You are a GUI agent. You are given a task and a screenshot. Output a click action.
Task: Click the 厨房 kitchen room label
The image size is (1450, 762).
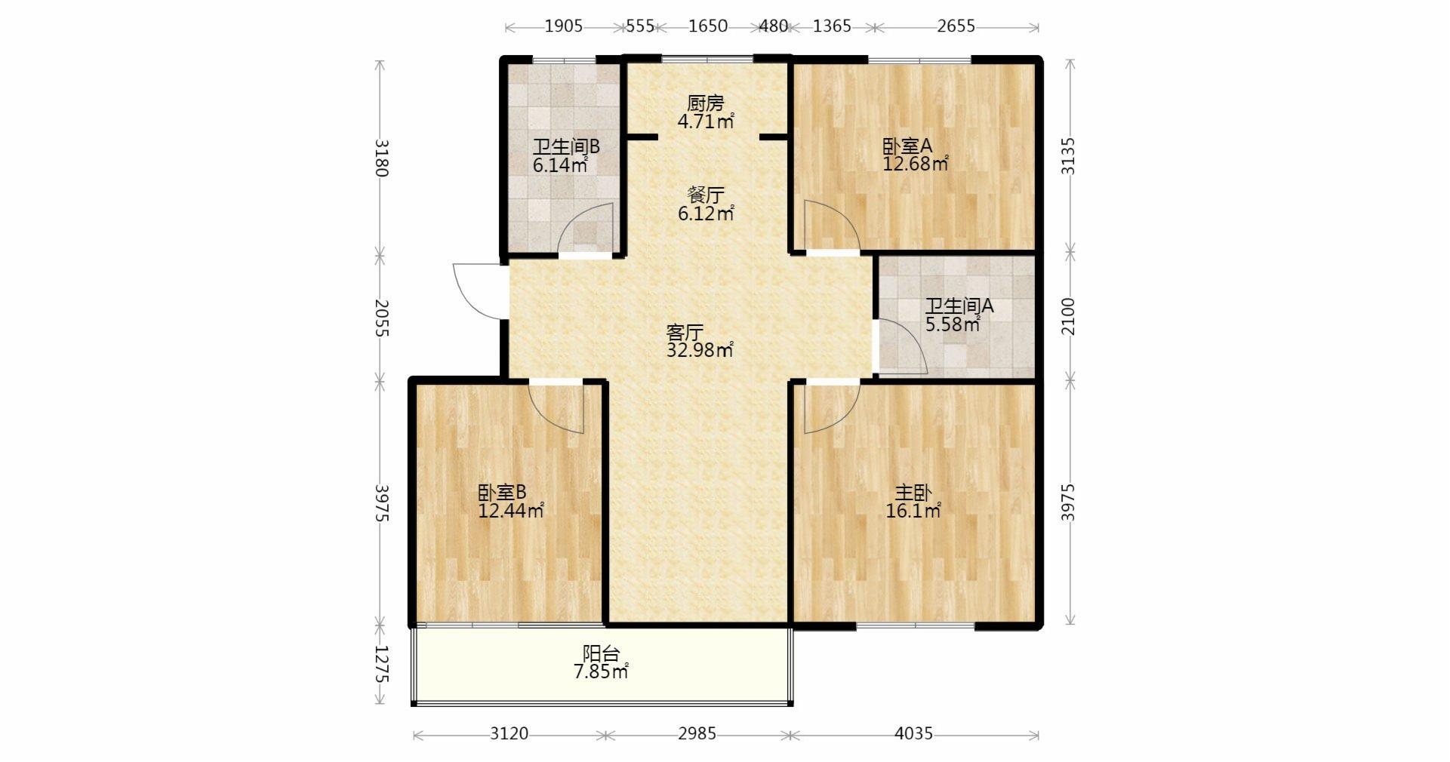click(705, 103)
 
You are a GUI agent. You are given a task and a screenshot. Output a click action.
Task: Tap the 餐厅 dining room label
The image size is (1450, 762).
click(705, 195)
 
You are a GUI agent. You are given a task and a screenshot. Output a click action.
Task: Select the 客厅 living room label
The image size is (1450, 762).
click(685, 332)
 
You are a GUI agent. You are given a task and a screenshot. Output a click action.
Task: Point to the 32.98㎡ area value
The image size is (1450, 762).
click(700, 350)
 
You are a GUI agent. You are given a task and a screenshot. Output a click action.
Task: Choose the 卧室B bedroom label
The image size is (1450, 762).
click(502, 493)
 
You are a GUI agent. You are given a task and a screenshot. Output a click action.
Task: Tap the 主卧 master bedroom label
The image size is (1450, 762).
click(913, 493)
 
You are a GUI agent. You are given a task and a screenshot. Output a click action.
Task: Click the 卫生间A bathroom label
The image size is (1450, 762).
click(959, 306)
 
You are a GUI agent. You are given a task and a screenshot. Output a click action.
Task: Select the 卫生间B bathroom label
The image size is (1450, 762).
click(566, 146)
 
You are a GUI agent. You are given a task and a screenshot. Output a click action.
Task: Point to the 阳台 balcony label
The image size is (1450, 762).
click(601, 653)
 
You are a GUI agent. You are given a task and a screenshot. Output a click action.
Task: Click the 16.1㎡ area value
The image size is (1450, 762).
click(914, 511)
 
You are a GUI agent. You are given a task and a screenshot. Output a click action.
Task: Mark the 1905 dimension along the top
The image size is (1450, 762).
click(563, 26)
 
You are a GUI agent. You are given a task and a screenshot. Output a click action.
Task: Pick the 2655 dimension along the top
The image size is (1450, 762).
click(956, 26)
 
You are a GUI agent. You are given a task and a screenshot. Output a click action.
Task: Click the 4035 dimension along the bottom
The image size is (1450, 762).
click(913, 733)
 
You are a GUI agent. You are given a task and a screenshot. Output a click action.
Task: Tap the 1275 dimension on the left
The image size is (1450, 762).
click(381, 664)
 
